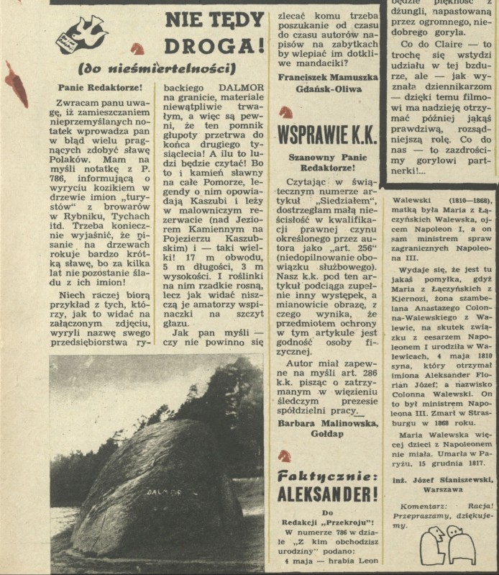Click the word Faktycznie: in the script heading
[x=327, y=476]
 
